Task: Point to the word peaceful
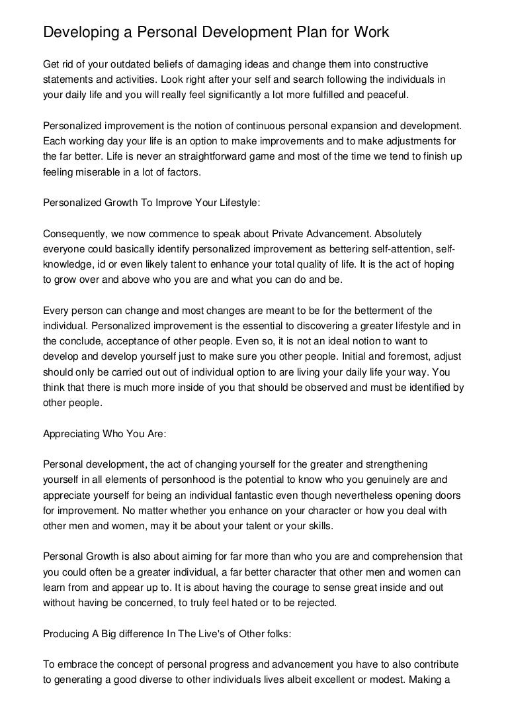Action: (388, 95)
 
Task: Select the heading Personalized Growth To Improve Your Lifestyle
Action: (151, 205)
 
